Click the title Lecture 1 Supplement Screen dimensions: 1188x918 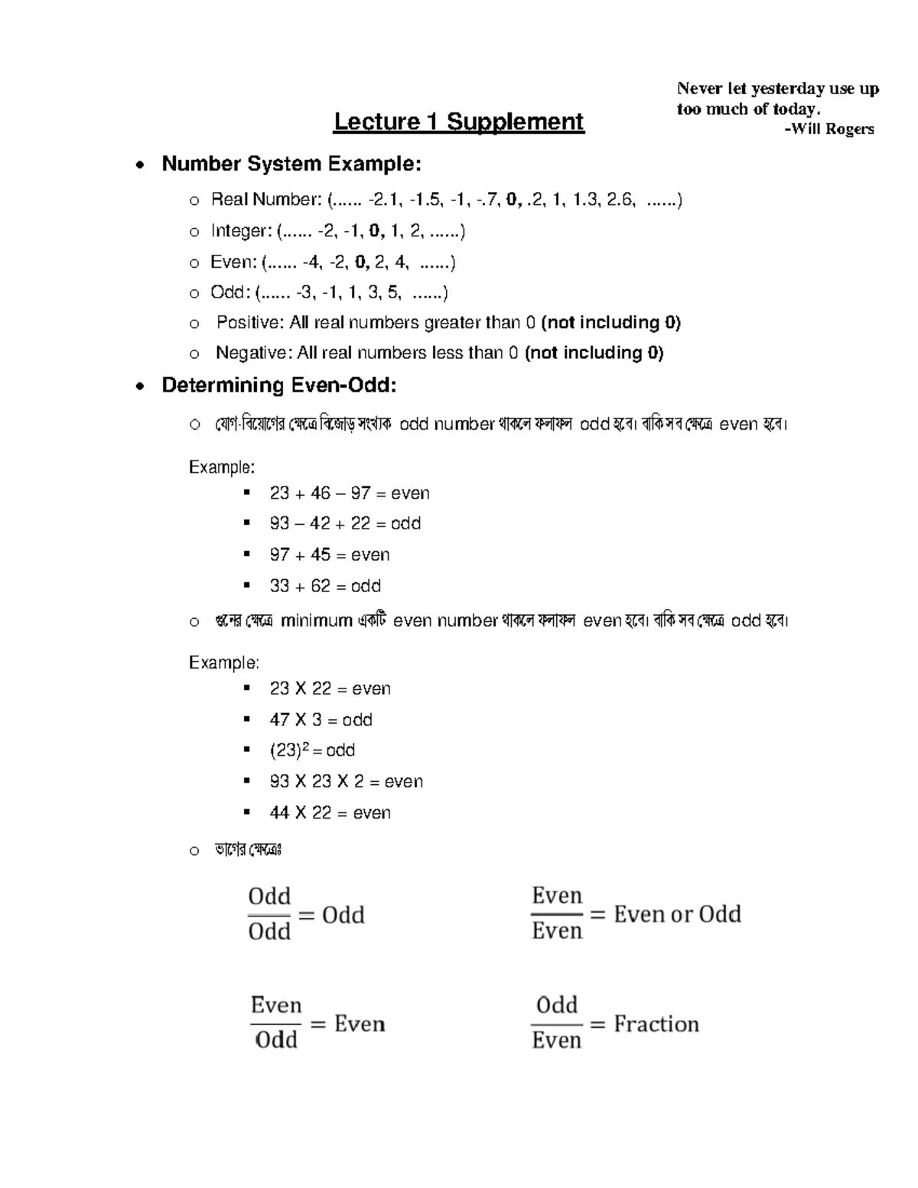tap(458, 122)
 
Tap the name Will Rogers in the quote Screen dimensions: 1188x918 tap(833, 129)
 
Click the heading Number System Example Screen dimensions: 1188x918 tap(291, 164)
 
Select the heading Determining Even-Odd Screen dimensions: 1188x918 tap(278, 385)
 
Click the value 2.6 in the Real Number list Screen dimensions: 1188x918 tap(620, 200)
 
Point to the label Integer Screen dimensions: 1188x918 tap(240, 231)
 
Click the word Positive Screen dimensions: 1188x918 tap(249, 323)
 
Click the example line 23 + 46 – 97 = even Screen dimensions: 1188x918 tap(349, 493)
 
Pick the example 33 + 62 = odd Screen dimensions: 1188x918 tap(324, 586)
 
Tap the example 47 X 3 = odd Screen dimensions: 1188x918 tap(321, 720)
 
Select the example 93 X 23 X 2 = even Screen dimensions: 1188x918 tap(346, 782)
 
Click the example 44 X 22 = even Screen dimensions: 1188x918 tap(330, 813)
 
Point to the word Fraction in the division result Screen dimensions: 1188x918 tap(656, 1024)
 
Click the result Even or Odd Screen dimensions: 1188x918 tap(677, 914)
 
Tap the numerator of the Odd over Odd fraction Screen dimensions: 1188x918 tap(269, 897)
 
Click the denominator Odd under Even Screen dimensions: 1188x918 tap(276, 1040)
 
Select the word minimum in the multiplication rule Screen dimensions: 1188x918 tap(316, 621)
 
